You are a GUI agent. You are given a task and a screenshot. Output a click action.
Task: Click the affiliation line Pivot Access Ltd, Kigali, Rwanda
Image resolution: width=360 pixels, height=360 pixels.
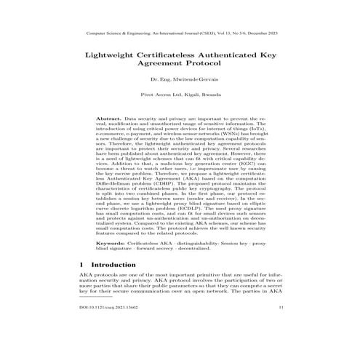pyautogui.click(x=180, y=95)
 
